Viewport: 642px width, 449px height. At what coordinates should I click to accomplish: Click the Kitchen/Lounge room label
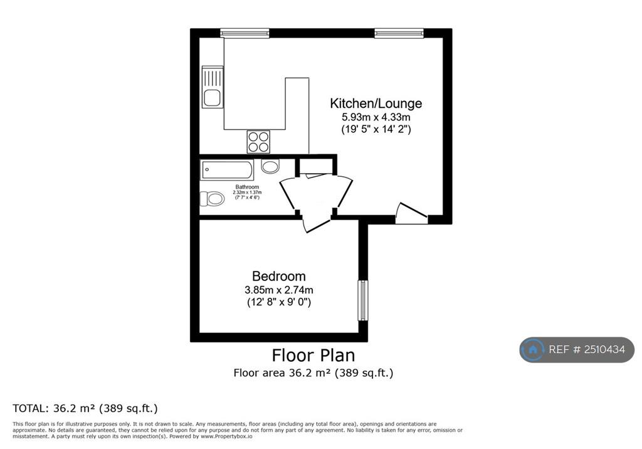pos(376,103)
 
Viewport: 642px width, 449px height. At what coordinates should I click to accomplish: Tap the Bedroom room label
pos(279,276)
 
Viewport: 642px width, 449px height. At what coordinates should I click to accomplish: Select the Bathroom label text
pos(247,187)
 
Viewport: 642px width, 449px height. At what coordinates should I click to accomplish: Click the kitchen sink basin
pos(212,98)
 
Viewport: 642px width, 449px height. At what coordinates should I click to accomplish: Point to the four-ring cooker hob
pos(258,142)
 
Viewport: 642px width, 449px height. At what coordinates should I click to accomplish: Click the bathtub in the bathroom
pos(227,170)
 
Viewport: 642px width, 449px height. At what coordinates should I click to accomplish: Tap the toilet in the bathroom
pos(212,199)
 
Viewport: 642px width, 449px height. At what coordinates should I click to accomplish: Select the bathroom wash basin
pos(270,166)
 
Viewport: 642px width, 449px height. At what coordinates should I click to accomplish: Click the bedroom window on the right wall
pos(363,300)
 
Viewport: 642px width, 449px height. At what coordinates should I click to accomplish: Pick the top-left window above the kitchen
pos(245,33)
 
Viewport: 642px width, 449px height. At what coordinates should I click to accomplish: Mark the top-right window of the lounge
pos(399,33)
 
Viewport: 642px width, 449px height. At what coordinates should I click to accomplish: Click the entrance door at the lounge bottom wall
pos(411,213)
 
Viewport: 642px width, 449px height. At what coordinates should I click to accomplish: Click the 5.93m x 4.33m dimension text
pos(376,117)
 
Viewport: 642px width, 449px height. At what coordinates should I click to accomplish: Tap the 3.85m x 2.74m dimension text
pos(279,290)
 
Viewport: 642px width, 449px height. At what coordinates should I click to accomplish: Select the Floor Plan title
pos(313,355)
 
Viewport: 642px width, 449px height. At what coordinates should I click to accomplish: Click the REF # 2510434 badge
pos(577,349)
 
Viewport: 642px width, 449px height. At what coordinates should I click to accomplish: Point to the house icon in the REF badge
pos(533,349)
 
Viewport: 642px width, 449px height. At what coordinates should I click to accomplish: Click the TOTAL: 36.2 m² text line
pos(85,408)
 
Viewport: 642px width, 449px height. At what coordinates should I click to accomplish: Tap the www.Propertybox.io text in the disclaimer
pos(226,436)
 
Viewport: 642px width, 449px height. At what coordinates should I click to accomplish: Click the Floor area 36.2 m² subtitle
pos(313,372)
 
